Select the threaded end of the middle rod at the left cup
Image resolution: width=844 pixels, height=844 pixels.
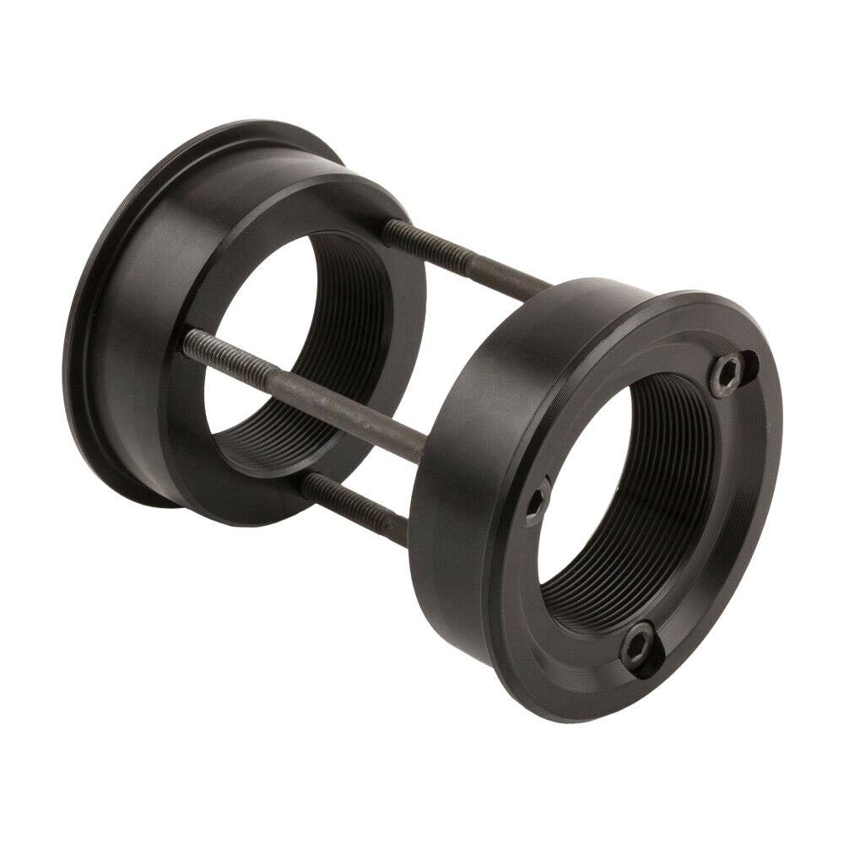click(x=207, y=344)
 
